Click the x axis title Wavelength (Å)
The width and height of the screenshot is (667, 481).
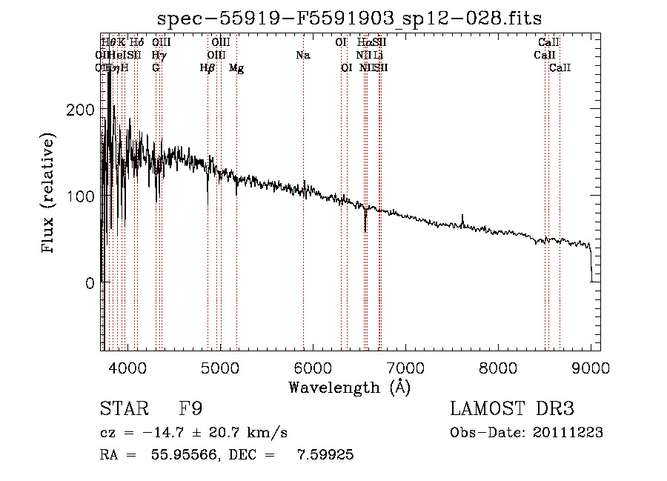point(349,387)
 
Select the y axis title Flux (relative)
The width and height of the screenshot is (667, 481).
point(49,194)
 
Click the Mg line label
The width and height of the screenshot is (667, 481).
point(236,68)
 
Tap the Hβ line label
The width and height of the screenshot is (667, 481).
point(208,68)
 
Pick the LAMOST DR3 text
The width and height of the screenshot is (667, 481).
point(512,410)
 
